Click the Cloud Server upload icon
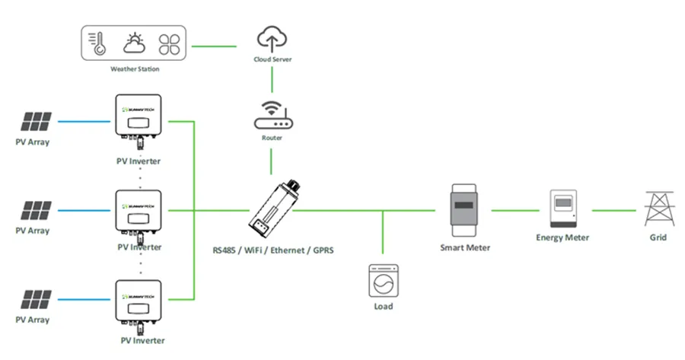pos(272,38)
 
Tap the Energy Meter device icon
pos(566,208)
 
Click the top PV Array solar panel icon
pos(37,121)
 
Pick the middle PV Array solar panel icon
pos(37,209)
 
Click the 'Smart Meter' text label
pos(465,247)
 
